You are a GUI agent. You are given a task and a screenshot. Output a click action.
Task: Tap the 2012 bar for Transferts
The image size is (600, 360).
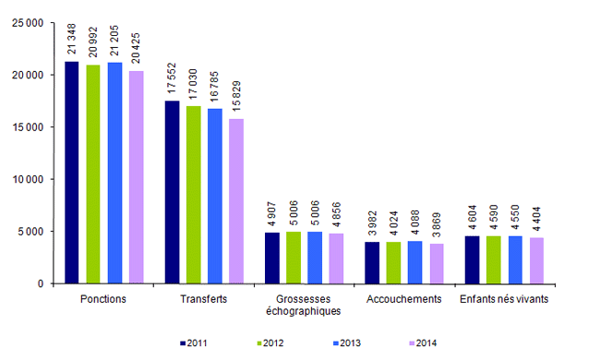(x=193, y=195)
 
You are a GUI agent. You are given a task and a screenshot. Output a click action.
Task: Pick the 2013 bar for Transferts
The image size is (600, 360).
(x=215, y=196)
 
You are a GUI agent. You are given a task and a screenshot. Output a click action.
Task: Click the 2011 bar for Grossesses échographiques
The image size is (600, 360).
(x=272, y=258)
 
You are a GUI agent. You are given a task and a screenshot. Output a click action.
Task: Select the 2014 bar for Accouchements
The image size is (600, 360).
(x=437, y=263)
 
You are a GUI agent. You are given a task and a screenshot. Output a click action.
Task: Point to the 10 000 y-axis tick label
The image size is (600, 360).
(x=30, y=179)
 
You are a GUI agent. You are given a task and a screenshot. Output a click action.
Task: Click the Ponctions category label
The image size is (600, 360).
(x=103, y=299)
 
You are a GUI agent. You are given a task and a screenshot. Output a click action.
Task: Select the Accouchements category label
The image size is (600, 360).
(x=404, y=299)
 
